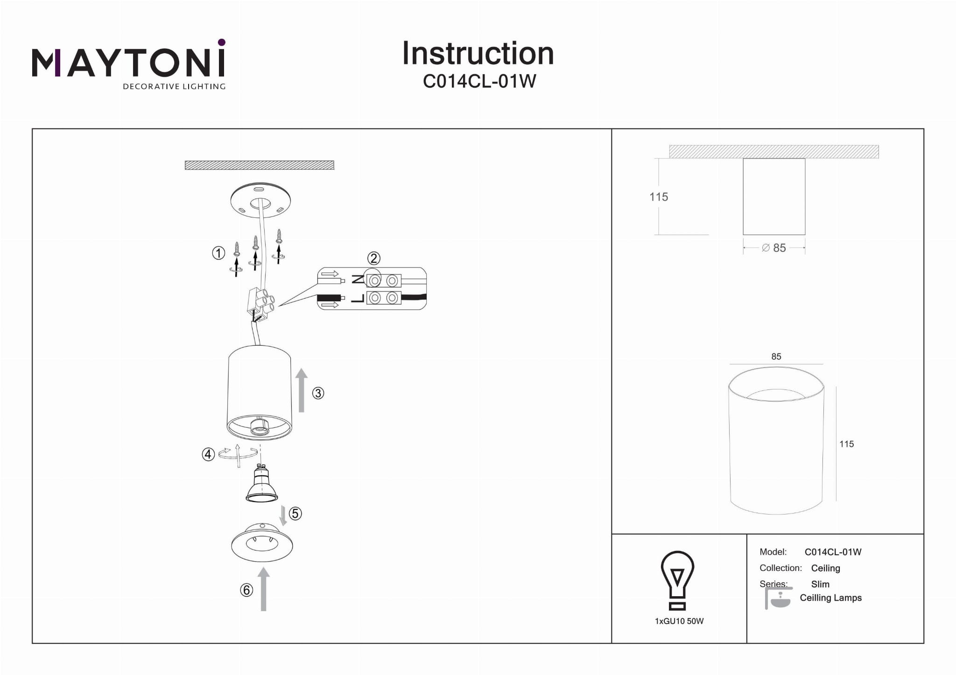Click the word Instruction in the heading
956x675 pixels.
(x=478, y=53)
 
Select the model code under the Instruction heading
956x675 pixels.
(x=479, y=81)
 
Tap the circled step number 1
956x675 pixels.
(x=218, y=253)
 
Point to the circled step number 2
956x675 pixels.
(x=373, y=258)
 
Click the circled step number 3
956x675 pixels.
(x=318, y=393)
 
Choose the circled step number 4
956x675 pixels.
(x=208, y=454)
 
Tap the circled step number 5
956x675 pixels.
(x=295, y=514)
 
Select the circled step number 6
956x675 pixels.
(x=246, y=590)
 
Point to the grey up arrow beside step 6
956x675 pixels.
(x=264, y=589)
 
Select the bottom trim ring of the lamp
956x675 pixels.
(x=262, y=544)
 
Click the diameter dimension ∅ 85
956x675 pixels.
(x=774, y=248)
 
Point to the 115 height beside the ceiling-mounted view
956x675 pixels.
(x=659, y=197)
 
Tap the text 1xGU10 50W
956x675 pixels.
(x=679, y=621)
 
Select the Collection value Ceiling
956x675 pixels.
(x=825, y=568)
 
